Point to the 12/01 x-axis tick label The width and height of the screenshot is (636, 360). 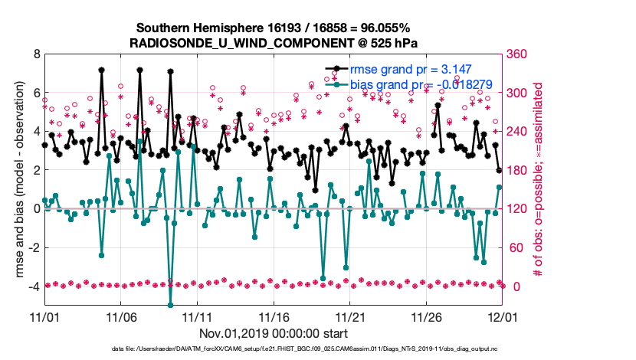[x=502, y=316]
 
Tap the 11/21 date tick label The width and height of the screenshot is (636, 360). [x=349, y=316]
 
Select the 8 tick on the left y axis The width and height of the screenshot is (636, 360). [x=35, y=54]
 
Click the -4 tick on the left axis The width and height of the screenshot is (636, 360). [x=33, y=286]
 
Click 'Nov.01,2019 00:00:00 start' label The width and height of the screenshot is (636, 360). [x=274, y=333]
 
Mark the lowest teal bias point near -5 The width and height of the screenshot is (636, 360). [x=170, y=306]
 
